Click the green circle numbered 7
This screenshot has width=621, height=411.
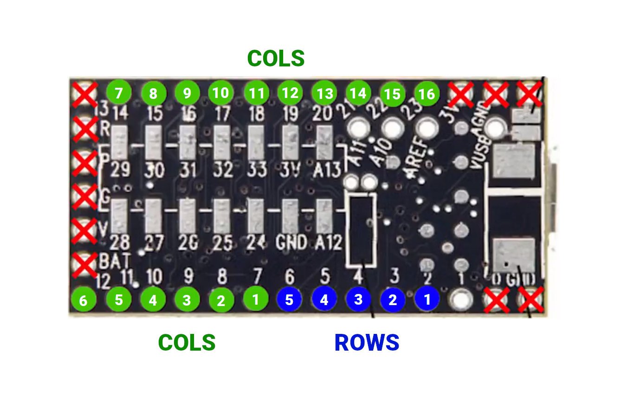(119, 93)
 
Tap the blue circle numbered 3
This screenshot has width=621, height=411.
(358, 300)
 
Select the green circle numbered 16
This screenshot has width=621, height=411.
(427, 94)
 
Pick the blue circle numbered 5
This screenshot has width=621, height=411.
(289, 300)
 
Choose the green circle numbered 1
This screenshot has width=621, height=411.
(255, 300)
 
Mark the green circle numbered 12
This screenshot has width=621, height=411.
(290, 93)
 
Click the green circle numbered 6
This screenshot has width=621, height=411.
(83, 300)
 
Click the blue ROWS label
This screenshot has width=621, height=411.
(367, 343)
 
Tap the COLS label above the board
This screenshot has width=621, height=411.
(276, 59)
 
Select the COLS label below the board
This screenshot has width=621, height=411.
(187, 343)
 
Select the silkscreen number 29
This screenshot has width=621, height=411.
(121, 170)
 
